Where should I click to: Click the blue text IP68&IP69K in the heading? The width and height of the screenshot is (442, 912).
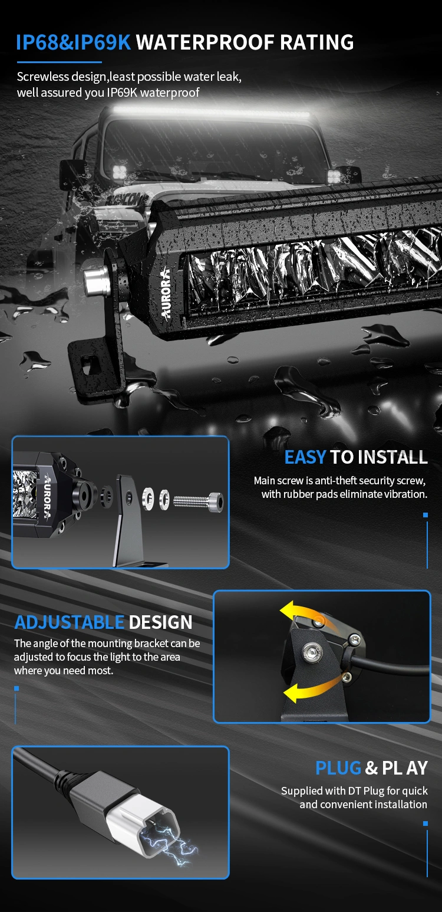point(73,42)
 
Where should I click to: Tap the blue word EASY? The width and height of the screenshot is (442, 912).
point(305,457)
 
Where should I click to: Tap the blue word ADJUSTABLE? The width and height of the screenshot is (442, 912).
point(69,622)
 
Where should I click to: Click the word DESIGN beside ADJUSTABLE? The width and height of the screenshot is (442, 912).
point(161,622)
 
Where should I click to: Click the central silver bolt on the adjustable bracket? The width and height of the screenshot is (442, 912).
point(313,651)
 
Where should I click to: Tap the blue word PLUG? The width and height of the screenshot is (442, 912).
point(338,768)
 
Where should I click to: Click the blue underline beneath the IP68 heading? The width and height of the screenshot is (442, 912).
point(60,63)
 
